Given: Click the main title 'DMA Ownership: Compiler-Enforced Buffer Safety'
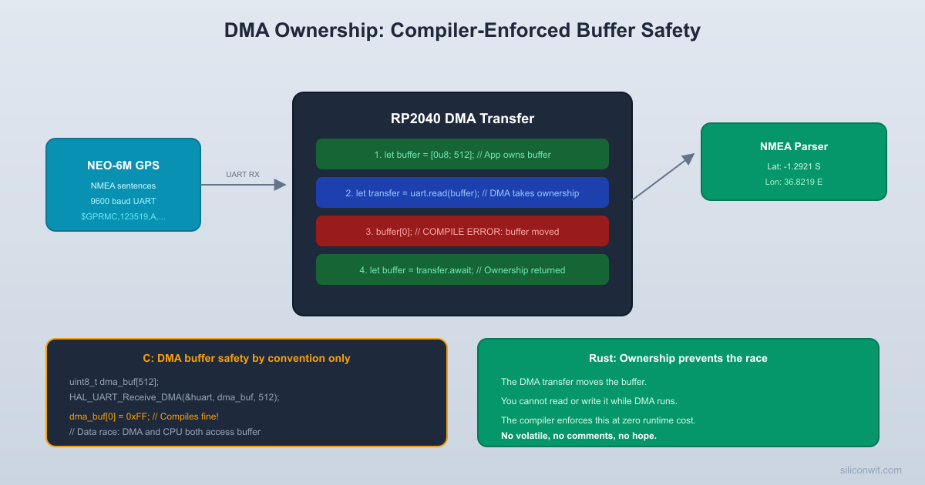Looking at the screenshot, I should [x=462, y=31].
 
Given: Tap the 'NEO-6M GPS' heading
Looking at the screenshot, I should [x=123, y=165].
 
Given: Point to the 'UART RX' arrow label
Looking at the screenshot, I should [x=243, y=175].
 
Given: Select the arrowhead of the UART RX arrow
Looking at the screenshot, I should [x=281, y=185].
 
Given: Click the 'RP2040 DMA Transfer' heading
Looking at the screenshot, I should [x=462, y=119].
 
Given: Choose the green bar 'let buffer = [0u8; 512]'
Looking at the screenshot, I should [x=462, y=154].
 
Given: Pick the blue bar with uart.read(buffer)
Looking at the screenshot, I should [x=462, y=192].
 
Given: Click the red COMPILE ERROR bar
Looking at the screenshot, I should [x=462, y=231].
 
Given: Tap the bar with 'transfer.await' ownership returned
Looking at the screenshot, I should [x=462, y=269].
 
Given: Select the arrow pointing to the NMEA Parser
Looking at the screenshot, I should [x=663, y=177].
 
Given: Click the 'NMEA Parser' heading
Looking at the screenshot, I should [x=794, y=146].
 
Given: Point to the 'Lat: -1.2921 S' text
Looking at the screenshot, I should [x=794, y=166].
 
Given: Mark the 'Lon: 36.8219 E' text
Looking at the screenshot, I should [x=794, y=182].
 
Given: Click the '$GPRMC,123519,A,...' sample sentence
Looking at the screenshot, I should [x=123, y=216].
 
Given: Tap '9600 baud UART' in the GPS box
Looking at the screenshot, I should [x=123, y=201].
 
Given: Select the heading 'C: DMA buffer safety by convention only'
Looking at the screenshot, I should [x=247, y=358].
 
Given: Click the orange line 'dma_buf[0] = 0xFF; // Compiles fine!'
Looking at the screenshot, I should [x=144, y=416].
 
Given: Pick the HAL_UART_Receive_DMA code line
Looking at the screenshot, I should [x=174, y=396].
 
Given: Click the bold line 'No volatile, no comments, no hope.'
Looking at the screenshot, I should [x=579, y=436].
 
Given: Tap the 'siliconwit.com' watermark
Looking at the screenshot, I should [x=870, y=470].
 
